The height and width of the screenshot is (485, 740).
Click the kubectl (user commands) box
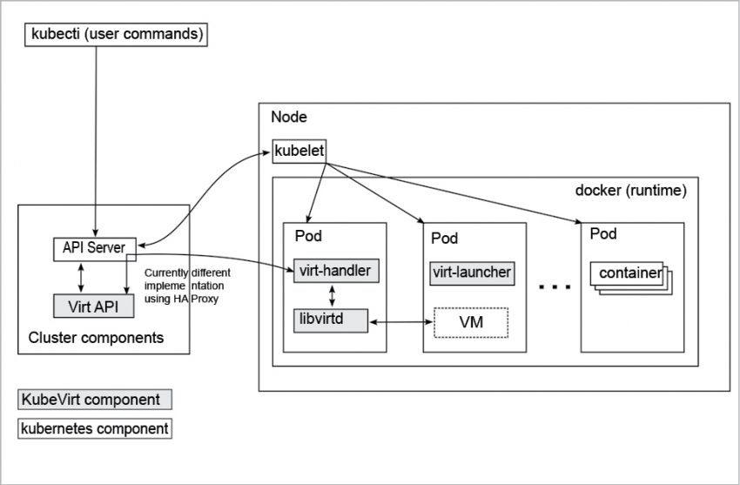tap(116, 36)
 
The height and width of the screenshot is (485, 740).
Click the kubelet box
tap(299, 152)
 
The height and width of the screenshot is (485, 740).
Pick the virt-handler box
tap(335, 271)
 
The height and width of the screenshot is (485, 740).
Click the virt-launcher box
tap(472, 272)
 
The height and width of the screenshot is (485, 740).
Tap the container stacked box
tap(629, 273)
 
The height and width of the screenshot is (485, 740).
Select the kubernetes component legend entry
tap(94, 429)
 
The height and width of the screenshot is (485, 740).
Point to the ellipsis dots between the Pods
tap(554, 286)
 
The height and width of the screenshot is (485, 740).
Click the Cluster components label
tap(96, 337)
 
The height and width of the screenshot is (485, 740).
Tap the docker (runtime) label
tap(631, 191)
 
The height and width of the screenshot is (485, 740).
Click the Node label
tap(289, 118)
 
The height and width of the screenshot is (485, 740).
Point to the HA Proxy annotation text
tap(182, 286)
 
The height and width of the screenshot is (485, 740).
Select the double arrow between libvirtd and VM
tap(402, 323)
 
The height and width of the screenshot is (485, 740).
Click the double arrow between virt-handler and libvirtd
tap(333, 295)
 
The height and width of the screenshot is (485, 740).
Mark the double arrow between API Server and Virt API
tap(80, 276)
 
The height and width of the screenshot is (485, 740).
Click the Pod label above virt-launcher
tap(444, 239)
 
